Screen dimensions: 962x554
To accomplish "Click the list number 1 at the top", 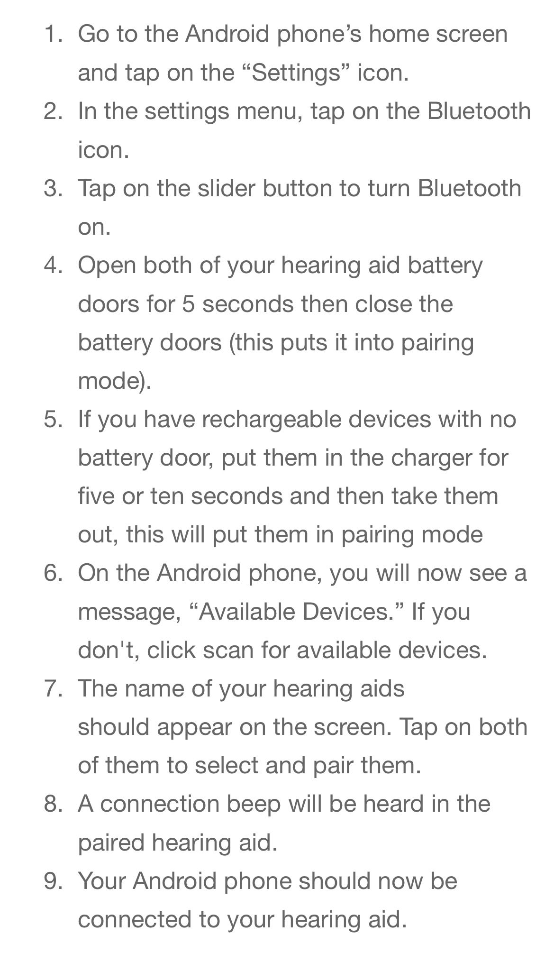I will point(52,34).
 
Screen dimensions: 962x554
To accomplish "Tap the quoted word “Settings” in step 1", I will point(296,73).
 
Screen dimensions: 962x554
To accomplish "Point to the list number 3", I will point(52,188).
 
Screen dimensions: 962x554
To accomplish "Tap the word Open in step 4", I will point(107,266).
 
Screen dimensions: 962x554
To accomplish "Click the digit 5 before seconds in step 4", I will point(188,304).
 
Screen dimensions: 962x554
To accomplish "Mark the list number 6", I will point(52,573).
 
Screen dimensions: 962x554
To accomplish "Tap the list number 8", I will point(52,804).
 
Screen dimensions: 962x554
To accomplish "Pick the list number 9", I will point(52,881).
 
